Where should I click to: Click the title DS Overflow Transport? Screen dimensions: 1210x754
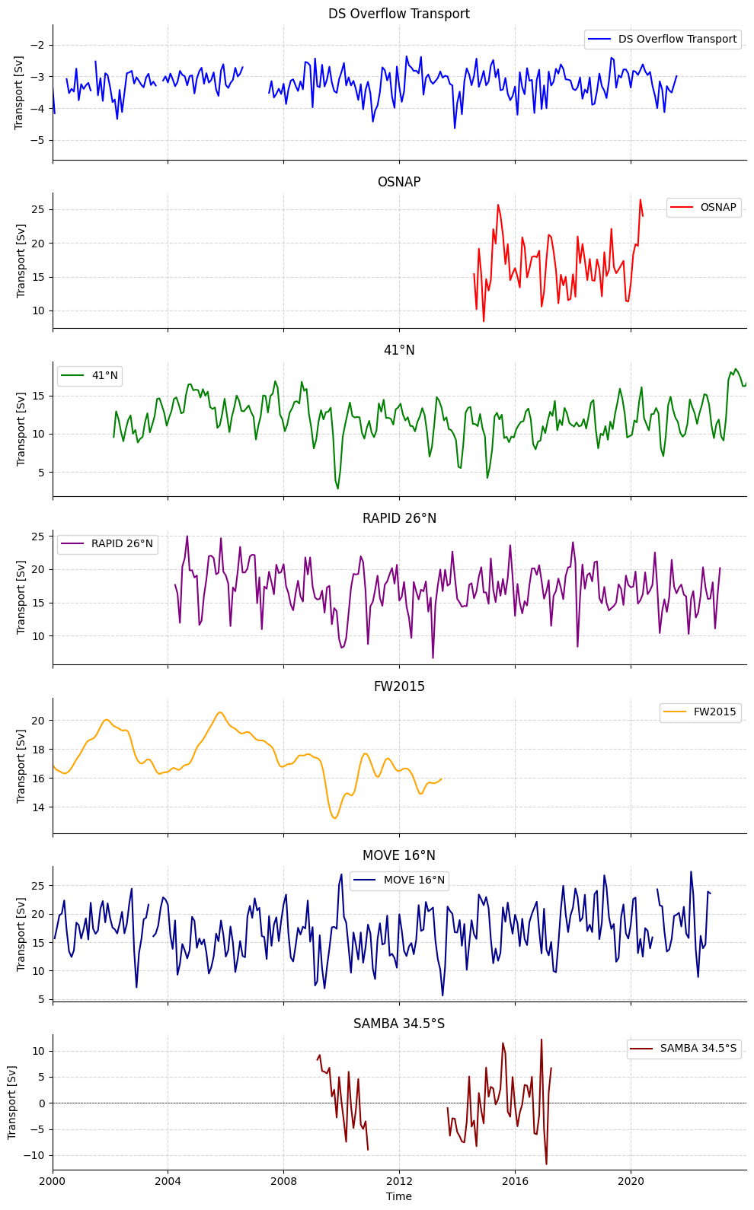pyautogui.click(x=398, y=14)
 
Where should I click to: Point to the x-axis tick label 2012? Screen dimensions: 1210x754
pyautogui.click(x=399, y=1181)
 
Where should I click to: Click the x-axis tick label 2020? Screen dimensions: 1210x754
pyautogui.click(x=631, y=1181)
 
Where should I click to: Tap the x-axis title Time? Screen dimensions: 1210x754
pyautogui.click(x=398, y=1196)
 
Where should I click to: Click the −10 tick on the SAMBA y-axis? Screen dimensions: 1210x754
pyautogui.click(x=34, y=1155)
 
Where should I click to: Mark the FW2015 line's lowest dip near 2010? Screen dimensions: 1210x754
pyautogui.click(x=334, y=818)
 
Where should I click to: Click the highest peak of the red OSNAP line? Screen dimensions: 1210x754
pyautogui.click(x=640, y=200)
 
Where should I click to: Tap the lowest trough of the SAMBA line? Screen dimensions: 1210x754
pyautogui.click(x=546, y=1164)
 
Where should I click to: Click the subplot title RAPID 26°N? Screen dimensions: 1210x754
pyautogui.click(x=398, y=518)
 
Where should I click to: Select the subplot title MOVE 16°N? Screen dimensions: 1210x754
pyautogui.click(x=398, y=855)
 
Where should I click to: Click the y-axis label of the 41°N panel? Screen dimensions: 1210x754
pyautogui.click(x=21, y=428)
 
